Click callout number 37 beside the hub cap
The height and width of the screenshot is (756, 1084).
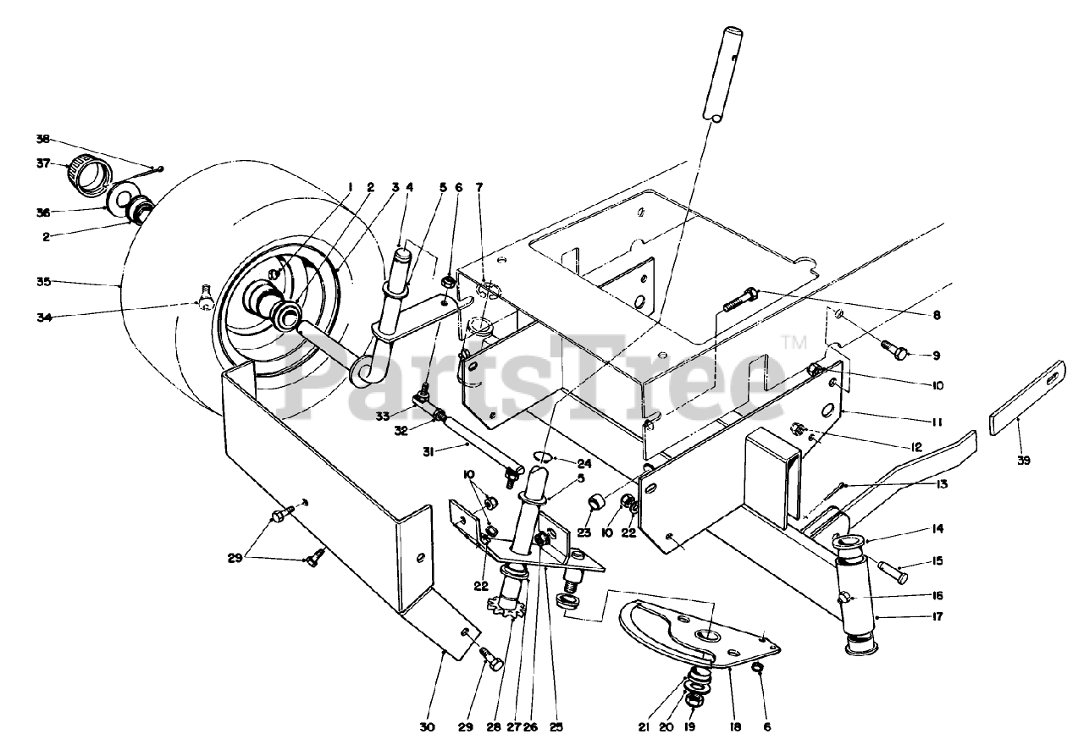pyautogui.click(x=43, y=163)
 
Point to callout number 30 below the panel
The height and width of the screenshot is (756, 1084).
pyautogui.click(x=427, y=727)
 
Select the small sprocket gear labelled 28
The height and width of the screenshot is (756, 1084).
pyautogui.click(x=506, y=608)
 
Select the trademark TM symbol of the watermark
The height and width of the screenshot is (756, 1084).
pyautogui.click(x=794, y=342)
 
